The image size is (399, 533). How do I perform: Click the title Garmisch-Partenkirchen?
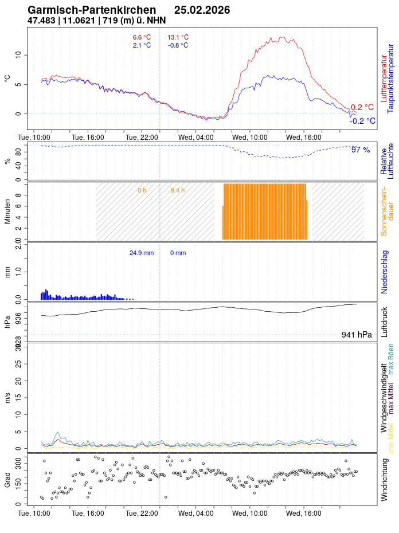(x=92, y=10)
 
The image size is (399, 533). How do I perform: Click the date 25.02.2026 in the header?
(x=202, y=10)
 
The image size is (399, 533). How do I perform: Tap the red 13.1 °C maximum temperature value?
(x=178, y=38)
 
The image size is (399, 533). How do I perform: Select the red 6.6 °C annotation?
(x=142, y=38)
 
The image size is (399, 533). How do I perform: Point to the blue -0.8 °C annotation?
(x=178, y=45)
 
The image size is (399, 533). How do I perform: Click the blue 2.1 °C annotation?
(x=142, y=45)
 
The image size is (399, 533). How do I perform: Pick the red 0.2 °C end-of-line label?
(x=362, y=107)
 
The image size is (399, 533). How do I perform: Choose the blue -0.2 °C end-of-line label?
(x=363, y=121)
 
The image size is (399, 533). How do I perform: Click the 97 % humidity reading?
(x=361, y=150)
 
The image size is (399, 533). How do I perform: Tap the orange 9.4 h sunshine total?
(x=178, y=190)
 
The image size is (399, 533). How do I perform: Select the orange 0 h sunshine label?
(x=142, y=190)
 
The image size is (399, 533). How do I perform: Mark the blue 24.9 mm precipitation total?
(x=142, y=253)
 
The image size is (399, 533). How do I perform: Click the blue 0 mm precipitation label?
(x=178, y=253)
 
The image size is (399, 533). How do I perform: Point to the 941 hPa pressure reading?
(x=357, y=335)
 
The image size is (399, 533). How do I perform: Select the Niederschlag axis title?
(x=385, y=272)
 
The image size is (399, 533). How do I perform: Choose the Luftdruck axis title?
(x=385, y=322)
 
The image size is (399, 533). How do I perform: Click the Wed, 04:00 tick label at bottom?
(x=196, y=515)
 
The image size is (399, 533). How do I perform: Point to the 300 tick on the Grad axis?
(x=18, y=460)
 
